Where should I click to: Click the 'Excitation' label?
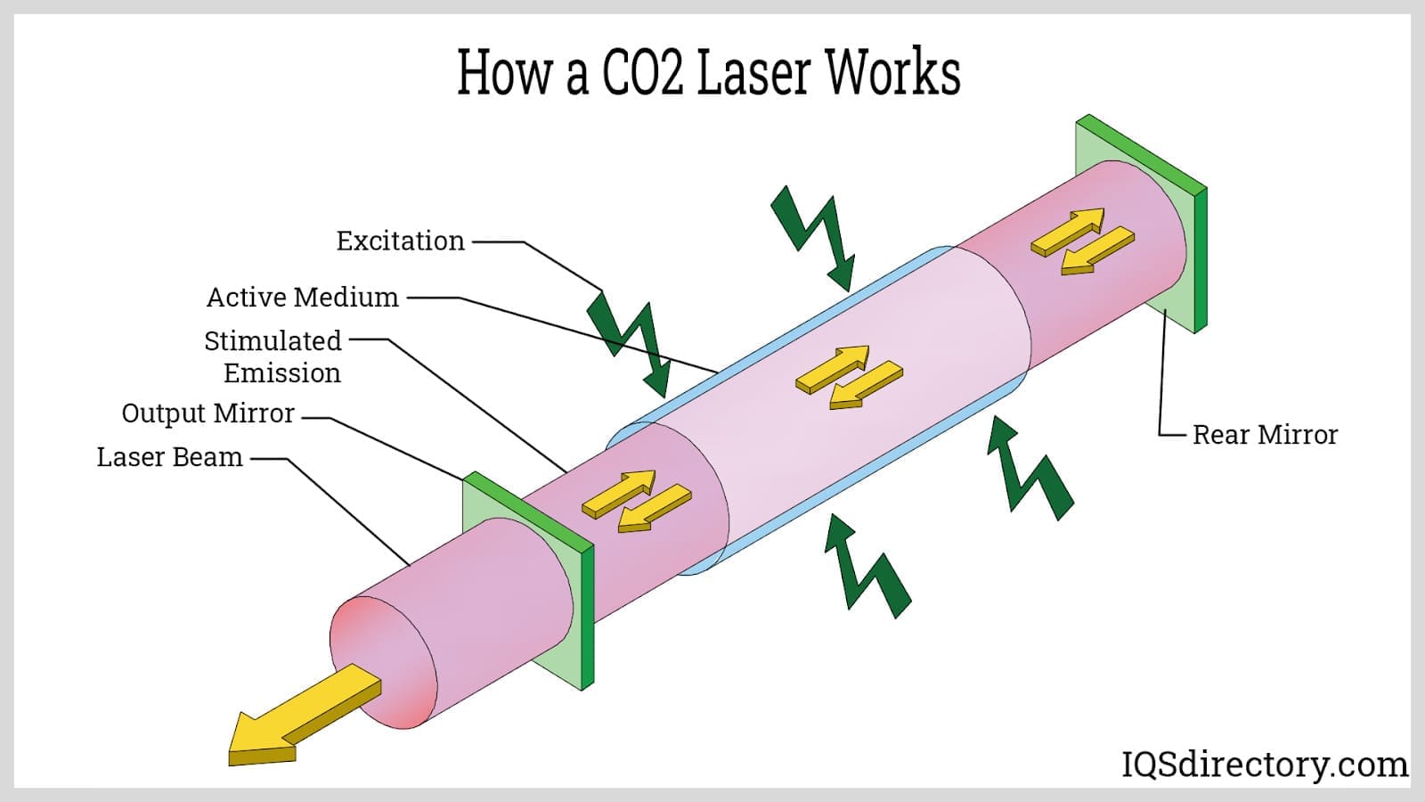pyautogui.click(x=400, y=241)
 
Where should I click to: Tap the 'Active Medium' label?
pyautogui.click(x=302, y=297)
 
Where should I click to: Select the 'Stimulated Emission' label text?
pyautogui.click(x=273, y=356)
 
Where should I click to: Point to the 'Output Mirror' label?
pyautogui.click(x=208, y=413)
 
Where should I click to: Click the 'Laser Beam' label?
pyautogui.click(x=169, y=457)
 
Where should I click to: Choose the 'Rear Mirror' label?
pyautogui.click(x=1265, y=435)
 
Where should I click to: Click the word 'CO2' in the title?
pyautogui.click(x=642, y=73)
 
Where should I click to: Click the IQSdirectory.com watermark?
pyautogui.click(x=1264, y=765)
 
